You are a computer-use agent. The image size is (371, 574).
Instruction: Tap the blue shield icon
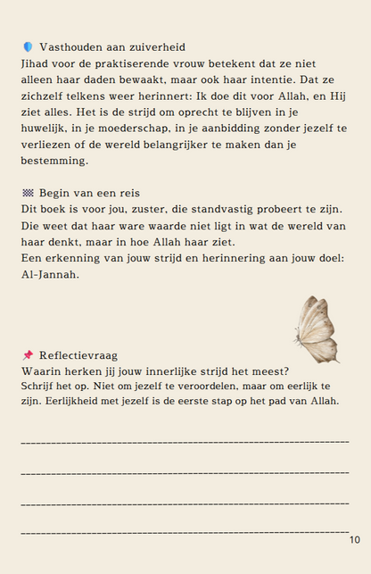(x=28, y=46)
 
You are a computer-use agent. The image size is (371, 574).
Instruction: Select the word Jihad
(x=36, y=63)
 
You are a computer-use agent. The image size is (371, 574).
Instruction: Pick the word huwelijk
(x=44, y=128)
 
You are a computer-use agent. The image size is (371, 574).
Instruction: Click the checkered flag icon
(x=28, y=193)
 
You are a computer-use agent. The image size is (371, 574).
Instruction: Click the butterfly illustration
(x=317, y=329)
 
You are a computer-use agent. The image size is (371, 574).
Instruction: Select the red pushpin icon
(x=28, y=354)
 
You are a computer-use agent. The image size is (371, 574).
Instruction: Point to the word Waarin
(x=42, y=370)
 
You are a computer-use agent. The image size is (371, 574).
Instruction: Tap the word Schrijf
(x=37, y=386)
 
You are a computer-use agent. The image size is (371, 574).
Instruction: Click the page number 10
(x=354, y=539)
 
